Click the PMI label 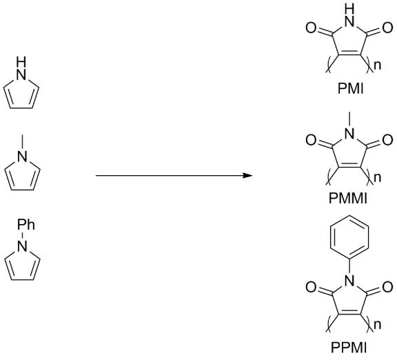[x=350, y=89]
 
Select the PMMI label [x=347, y=198]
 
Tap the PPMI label [x=349, y=348]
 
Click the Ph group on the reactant [x=26, y=225]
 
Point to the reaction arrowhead [x=247, y=175]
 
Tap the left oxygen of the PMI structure [x=311, y=28]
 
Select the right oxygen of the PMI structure [x=387, y=28]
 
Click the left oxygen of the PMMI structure [x=311, y=140]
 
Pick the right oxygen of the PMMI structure [x=387, y=140]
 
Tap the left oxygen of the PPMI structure [x=311, y=287]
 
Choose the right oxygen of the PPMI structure [x=387, y=287]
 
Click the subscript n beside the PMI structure [x=377, y=66]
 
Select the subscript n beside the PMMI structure [x=377, y=178]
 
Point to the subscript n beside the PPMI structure [x=377, y=325]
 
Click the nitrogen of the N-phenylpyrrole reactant [x=22, y=246]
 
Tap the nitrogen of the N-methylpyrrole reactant [x=22, y=156]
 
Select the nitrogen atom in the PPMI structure [x=349, y=280]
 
